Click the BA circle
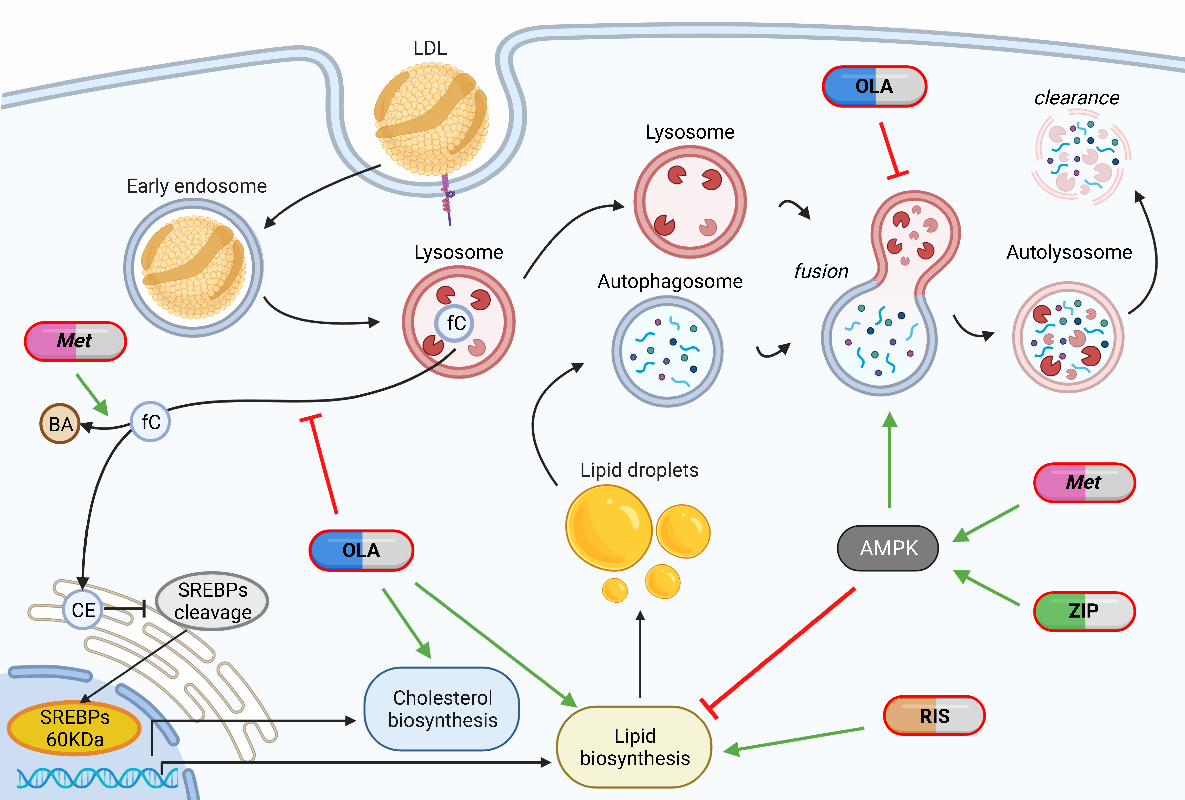tap(60, 424)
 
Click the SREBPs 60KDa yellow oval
tap(74, 728)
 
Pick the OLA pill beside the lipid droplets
tap(361, 550)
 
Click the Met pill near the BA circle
tap(75, 341)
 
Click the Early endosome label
tap(196, 186)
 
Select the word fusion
tap(821, 271)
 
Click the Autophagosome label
tap(670, 281)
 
